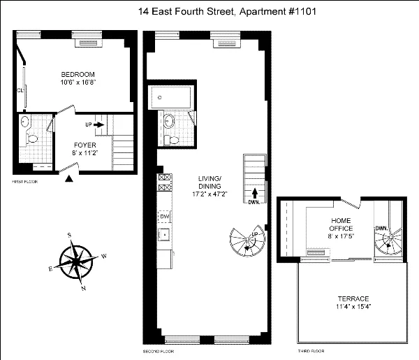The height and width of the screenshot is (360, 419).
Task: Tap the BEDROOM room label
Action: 78,74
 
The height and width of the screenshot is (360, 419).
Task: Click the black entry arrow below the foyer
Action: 68,180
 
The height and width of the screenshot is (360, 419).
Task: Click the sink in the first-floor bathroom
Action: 26,122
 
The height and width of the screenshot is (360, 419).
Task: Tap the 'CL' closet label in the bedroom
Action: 20,90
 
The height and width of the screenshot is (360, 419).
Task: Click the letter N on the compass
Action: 84,288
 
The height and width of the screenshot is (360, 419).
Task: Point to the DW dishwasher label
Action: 165,217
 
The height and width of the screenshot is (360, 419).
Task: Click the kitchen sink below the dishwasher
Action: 165,233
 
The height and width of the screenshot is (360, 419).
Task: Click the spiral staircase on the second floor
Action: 247,244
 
